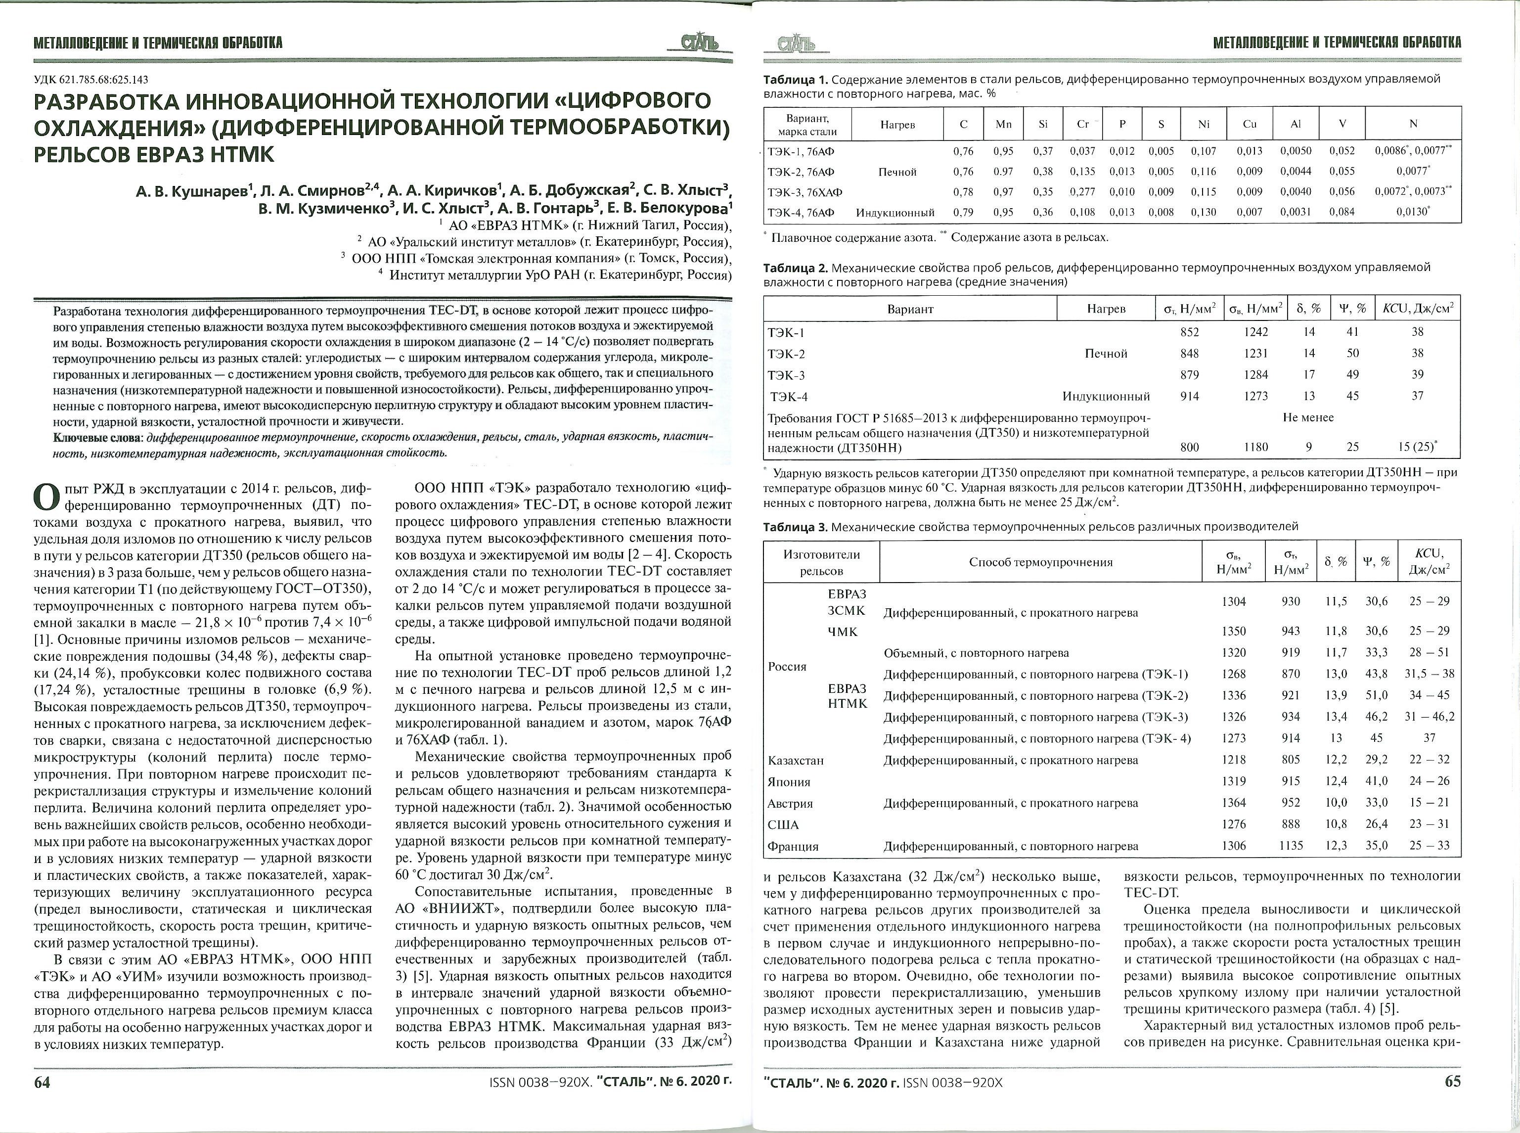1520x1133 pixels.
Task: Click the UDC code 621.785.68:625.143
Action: (91, 80)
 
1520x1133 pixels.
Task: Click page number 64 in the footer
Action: (43, 1082)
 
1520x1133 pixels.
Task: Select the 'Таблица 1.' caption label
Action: (795, 79)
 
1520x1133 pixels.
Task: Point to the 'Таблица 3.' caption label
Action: (795, 527)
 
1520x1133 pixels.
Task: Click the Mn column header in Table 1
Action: (1003, 124)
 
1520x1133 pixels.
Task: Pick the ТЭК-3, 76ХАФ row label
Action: (805, 192)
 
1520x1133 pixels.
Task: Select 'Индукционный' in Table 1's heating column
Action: (896, 213)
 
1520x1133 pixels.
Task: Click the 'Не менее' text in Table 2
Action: (1307, 417)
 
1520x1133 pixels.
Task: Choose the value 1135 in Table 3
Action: (1291, 846)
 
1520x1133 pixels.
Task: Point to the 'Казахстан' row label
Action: (795, 760)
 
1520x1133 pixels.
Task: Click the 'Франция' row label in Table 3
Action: (793, 846)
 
